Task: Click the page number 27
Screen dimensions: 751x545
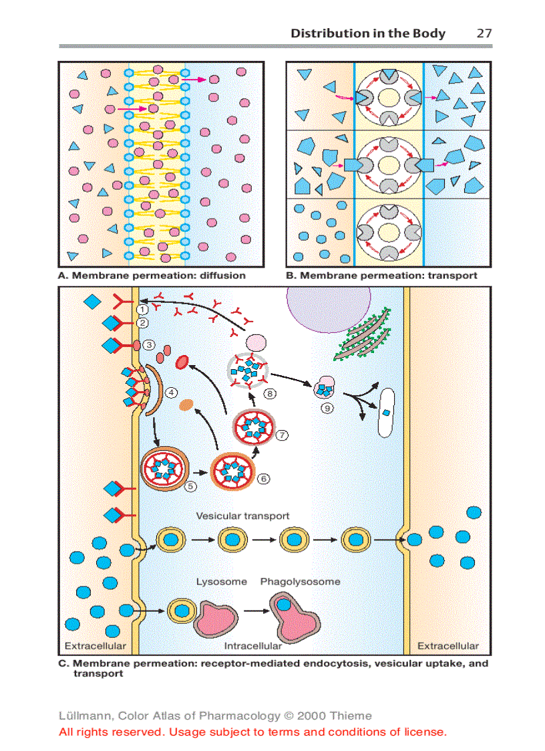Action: (x=484, y=33)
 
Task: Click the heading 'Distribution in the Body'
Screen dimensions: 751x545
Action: (x=367, y=33)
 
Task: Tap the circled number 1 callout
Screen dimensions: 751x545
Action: (x=142, y=309)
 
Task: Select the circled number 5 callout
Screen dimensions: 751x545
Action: (x=191, y=486)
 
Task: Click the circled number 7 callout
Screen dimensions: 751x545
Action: (x=283, y=435)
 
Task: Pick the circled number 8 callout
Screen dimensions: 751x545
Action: (x=270, y=394)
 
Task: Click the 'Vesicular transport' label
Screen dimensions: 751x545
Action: (x=242, y=516)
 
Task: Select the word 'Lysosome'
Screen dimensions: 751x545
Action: (x=221, y=582)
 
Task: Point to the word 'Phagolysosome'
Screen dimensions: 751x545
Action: (x=300, y=582)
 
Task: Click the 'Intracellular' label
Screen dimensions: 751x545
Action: (x=252, y=646)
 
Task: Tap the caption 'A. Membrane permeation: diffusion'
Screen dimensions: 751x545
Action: (x=152, y=276)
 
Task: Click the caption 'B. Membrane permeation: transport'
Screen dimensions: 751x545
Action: (x=381, y=276)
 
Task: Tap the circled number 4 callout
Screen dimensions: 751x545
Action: (x=172, y=393)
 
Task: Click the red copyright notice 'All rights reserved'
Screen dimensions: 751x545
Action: (x=252, y=732)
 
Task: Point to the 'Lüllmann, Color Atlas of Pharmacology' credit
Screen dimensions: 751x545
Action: (x=215, y=716)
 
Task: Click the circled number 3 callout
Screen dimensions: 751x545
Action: (x=150, y=345)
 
